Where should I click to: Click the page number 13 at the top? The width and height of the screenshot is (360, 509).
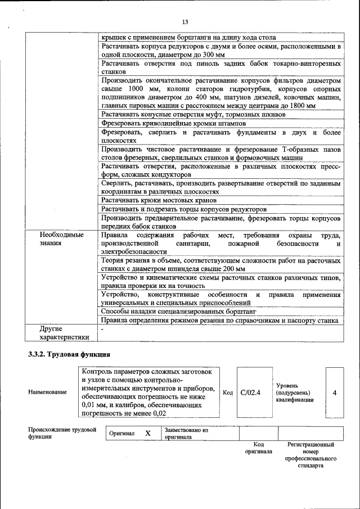[184, 22]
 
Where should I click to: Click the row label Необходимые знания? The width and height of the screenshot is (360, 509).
[61, 239]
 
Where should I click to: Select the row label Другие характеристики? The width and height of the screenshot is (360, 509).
[64, 333]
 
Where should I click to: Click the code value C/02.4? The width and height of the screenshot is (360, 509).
[250, 392]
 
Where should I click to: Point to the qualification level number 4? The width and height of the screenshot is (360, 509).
[335, 392]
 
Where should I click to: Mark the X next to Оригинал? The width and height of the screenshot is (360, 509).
[148, 434]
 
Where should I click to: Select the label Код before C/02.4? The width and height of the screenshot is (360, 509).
[228, 392]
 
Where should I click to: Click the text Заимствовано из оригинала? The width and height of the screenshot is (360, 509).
[186, 434]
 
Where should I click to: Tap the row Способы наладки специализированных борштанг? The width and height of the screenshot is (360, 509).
[179, 310]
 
